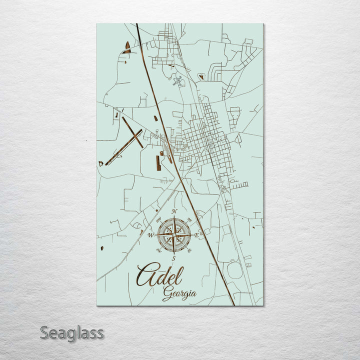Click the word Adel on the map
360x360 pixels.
[160, 276]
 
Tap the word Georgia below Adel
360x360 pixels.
[179, 294]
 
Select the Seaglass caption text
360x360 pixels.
[72, 332]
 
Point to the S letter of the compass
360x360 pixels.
[173, 258]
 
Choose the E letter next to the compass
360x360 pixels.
[196, 235]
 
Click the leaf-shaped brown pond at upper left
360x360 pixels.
[127, 47]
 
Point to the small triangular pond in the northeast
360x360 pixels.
[201, 77]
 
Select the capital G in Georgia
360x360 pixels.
[167, 295]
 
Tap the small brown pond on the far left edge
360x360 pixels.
[102, 248]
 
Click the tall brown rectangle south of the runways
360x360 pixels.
[158, 163]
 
